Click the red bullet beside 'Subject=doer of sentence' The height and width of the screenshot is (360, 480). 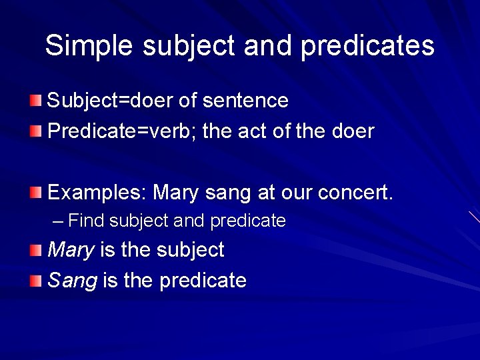click(x=35, y=101)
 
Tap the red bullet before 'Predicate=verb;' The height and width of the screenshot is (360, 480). click(x=35, y=131)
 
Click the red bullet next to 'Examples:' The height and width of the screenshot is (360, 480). click(x=35, y=193)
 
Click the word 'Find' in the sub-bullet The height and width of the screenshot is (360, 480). click(x=87, y=221)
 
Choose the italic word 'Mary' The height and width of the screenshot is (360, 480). click(x=71, y=251)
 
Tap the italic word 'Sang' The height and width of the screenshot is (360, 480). click(x=72, y=281)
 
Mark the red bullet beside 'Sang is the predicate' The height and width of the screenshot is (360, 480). click(x=35, y=281)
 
